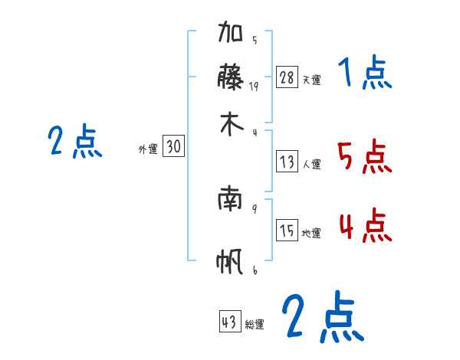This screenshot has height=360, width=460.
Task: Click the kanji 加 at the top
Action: (232, 34)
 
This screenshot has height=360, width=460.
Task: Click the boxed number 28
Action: (287, 77)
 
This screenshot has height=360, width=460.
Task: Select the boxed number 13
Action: (287, 162)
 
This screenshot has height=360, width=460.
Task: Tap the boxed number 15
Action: (287, 231)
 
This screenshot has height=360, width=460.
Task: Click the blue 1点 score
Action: (365, 75)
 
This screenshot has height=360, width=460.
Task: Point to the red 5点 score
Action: (365, 159)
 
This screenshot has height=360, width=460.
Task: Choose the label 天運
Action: (311, 80)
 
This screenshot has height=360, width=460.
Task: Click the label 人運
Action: (311, 164)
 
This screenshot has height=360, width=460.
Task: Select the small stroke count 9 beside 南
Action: (254, 208)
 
